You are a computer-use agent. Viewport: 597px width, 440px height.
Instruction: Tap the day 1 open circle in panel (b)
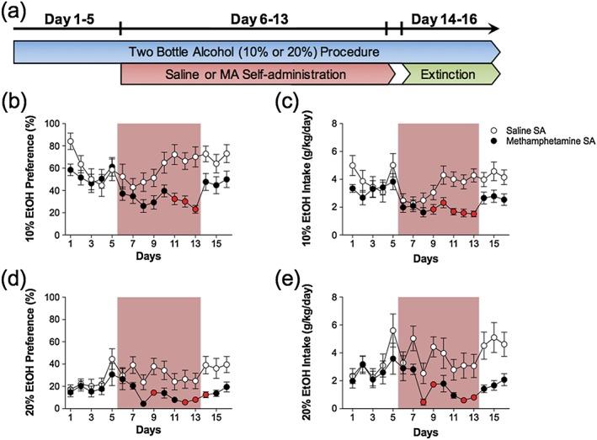tap(70, 140)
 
